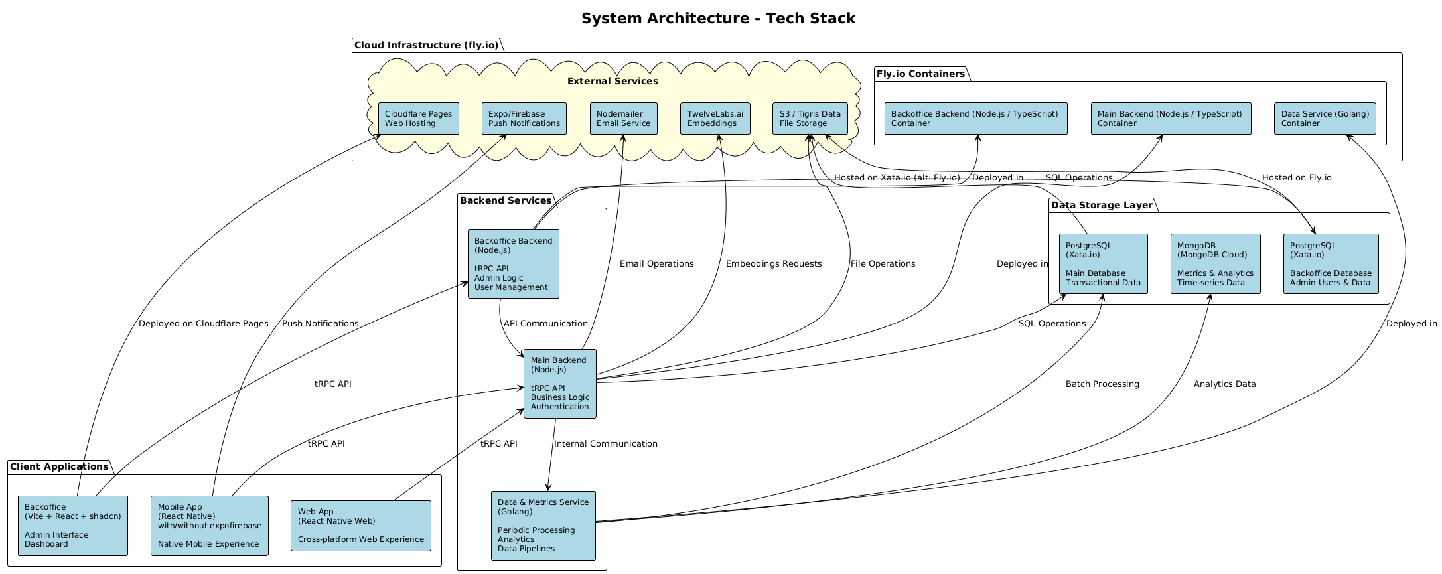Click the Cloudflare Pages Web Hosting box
click(418, 119)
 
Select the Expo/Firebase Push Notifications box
click(524, 119)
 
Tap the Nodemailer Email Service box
click(623, 119)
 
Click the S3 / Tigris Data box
click(810, 119)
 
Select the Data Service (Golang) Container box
click(1325, 119)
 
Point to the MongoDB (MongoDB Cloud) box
click(1214, 264)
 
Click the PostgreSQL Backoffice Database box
click(1330, 264)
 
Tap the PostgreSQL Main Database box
click(1103, 264)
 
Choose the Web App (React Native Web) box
click(360, 526)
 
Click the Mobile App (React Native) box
click(209, 526)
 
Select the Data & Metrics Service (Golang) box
click(543, 526)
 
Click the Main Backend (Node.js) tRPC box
click(559, 384)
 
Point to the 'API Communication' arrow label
click(545, 324)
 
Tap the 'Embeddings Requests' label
click(773, 264)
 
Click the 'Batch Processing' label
click(1102, 384)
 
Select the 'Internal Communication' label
click(605, 444)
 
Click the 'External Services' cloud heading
click(613, 81)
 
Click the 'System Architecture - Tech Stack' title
click(718, 19)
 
